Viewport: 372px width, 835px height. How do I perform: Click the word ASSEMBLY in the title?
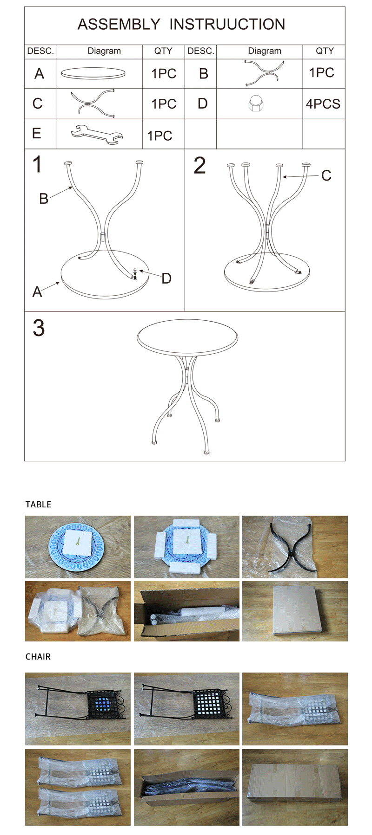[119, 24]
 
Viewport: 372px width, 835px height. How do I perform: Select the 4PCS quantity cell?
[323, 104]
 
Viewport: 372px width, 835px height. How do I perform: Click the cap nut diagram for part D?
[256, 104]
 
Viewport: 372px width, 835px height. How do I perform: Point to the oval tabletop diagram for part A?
[93, 73]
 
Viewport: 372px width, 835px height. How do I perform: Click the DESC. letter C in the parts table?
[38, 104]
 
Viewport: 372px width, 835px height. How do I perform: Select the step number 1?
[37, 165]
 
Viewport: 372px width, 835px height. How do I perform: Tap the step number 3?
[39, 328]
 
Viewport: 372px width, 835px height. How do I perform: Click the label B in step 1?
[44, 199]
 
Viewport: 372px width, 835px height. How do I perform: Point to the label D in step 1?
[166, 278]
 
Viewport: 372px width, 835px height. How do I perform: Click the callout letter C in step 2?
[326, 175]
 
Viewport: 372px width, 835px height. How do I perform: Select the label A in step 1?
[37, 291]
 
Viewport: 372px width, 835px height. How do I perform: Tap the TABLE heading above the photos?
[38, 505]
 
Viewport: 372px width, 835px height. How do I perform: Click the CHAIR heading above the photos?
[38, 657]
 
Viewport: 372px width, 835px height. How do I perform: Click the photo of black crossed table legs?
[295, 547]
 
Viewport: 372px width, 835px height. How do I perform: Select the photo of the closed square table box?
[295, 611]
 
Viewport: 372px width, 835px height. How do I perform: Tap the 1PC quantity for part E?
[160, 136]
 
